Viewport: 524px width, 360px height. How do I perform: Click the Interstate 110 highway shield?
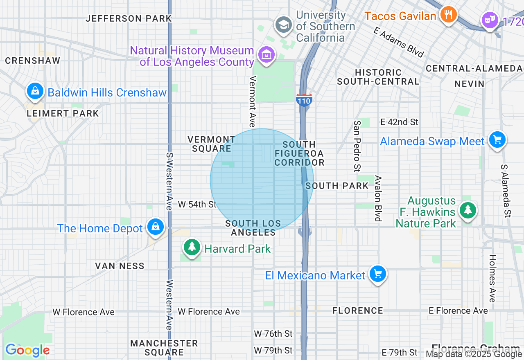304,100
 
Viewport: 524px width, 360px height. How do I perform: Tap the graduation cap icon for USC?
283,25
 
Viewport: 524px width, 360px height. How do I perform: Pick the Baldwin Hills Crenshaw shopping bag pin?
36,91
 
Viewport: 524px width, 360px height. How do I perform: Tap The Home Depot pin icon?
156,226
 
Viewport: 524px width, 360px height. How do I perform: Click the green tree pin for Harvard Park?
191,247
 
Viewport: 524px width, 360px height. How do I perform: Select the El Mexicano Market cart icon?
377,274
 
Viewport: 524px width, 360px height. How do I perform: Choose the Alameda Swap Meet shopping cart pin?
497,140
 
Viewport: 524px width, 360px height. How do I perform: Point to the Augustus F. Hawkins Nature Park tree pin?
467,210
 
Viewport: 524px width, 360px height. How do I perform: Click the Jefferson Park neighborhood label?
129,18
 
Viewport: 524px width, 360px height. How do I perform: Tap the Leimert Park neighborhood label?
63,113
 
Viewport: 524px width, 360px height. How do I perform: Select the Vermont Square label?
212,144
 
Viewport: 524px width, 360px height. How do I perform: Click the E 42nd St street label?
399,122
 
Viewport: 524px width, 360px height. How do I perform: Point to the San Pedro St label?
357,146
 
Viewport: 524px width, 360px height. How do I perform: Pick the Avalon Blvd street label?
378,198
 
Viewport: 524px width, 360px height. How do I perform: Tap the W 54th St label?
197,204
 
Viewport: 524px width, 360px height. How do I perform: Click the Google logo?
27,350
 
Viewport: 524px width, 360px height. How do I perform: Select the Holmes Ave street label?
492,278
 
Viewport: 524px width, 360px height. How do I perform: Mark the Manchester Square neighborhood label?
164,347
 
